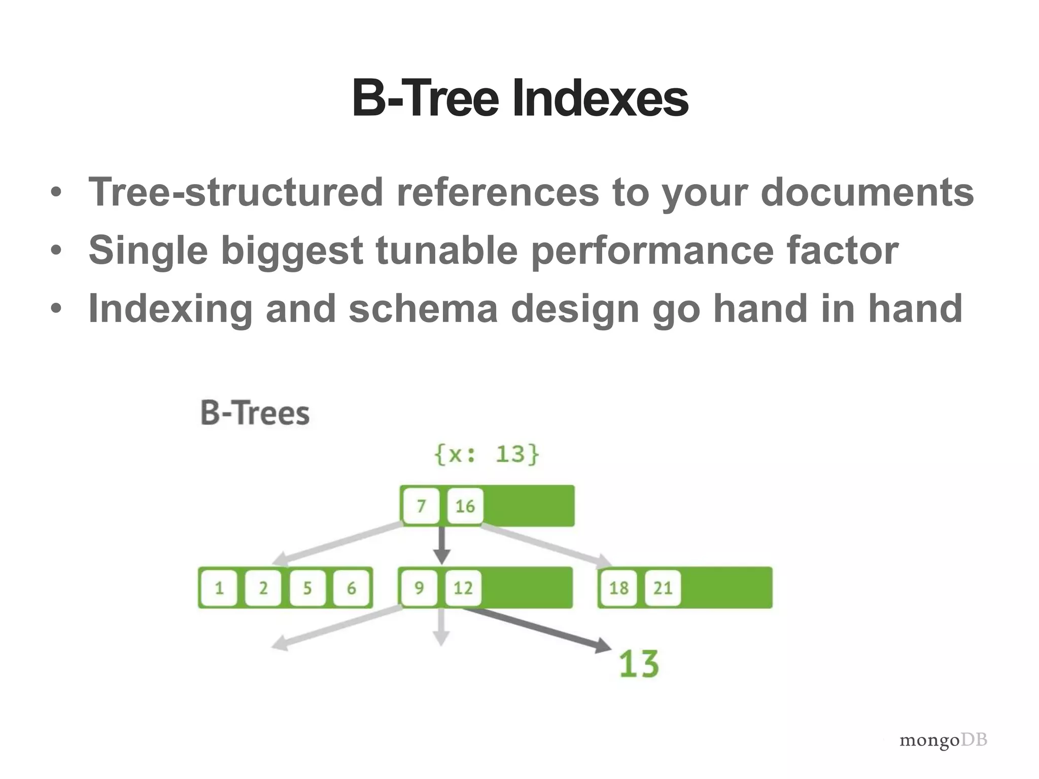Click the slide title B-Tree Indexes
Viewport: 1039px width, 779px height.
pyautogui.click(x=519, y=99)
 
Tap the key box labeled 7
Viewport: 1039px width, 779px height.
pyautogui.click(x=421, y=506)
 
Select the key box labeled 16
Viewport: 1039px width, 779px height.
pyautogui.click(x=465, y=506)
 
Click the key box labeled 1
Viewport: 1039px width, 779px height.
pyautogui.click(x=219, y=588)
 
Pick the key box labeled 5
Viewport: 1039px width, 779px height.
pyautogui.click(x=307, y=588)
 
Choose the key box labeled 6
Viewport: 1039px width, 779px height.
pyautogui.click(x=351, y=588)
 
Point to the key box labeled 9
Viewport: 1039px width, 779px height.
pyautogui.click(x=419, y=588)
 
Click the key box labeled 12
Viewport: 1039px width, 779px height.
pyautogui.click(x=463, y=588)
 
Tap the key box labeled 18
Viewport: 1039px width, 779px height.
pyautogui.click(x=618, y=588)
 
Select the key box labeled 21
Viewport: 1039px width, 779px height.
pyautogui.click(x=663, y=588)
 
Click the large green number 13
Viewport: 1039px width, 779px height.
pyautogui.click(x=639, y=664)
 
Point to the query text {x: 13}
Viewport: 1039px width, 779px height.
pyautogui.click(x=487, y=453)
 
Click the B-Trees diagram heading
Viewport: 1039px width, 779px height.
pyautogui.click(x=255, y=413)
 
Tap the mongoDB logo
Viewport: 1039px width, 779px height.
pyautogui.click(x=943, y=740)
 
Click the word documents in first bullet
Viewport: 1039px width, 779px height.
pyautogui.click(x=867, y=193)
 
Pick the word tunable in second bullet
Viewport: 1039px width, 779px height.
pyautogui.click(x=446, y=251)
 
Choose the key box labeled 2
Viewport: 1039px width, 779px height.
pyautogui.click(x=263, y=588)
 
